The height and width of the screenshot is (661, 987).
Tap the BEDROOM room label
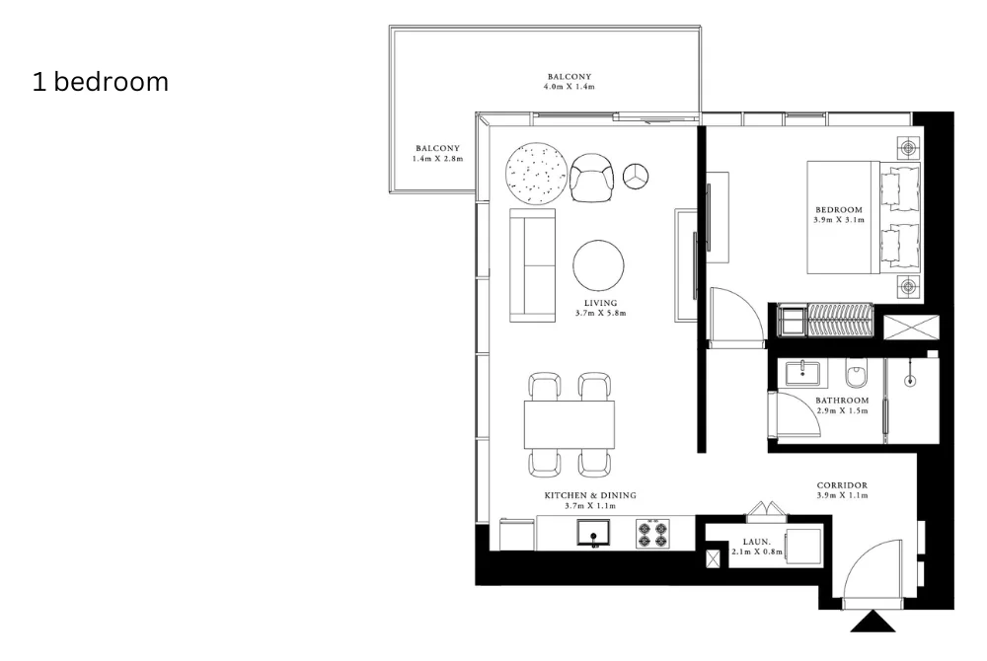pyautogui.click(x=839, y=210)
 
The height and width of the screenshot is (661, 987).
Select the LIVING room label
pyautogui.click(x=600, y=303)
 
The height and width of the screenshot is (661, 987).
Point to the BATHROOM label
pyautogui.click(x=841, y=401)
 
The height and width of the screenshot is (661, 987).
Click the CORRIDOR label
pyautogui.click(x=842, y=486)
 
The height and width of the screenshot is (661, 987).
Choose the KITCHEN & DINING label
pyautogui.click(x=591, y=495)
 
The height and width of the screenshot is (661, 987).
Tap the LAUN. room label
pyautogui.click(x=756, y=542)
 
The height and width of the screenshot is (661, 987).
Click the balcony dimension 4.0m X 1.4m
pyautogui.click(x=569, y=88)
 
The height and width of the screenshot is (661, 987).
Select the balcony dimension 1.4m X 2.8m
pyautogui.click(x=437, y=158)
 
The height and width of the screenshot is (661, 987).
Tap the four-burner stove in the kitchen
pyautogui.click(x=652, y=534)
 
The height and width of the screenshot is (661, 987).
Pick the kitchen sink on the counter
pyautogui.click(x=594, y=534)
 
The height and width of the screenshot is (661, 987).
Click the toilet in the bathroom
pyautogui.click(x=857, y=375)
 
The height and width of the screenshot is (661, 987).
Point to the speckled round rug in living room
pyautogui.click(x=536, y=174)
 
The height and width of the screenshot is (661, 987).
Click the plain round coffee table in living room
pyautogui.click(x=598, y=265)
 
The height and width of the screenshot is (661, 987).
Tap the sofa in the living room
pyautogui.click(x=532, y=265)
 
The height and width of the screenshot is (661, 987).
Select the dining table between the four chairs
pyautogui.click(x=569, y=424)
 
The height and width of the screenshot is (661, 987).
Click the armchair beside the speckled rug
pyautogui.click(x=592, y=178)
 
